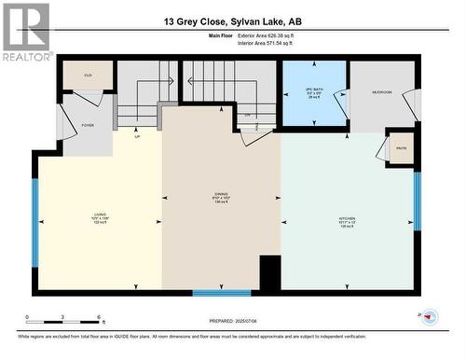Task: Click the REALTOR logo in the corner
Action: [26, 32]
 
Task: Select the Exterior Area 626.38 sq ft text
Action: [279, 35]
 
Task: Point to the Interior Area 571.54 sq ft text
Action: [279, 43]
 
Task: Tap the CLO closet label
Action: [88, 75]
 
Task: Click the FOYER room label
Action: [88, 124]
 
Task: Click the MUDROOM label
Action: [382, 93]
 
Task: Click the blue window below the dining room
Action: [222, 293]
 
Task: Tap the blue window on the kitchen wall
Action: [418, 201]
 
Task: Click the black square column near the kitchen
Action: [269, 273]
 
